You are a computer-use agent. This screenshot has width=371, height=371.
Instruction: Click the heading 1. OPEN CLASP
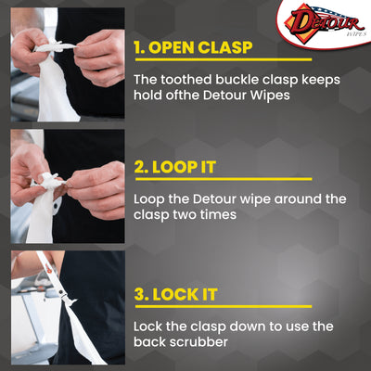pos(210,47)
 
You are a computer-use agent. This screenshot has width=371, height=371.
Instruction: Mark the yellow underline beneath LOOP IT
pos(223,182)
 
